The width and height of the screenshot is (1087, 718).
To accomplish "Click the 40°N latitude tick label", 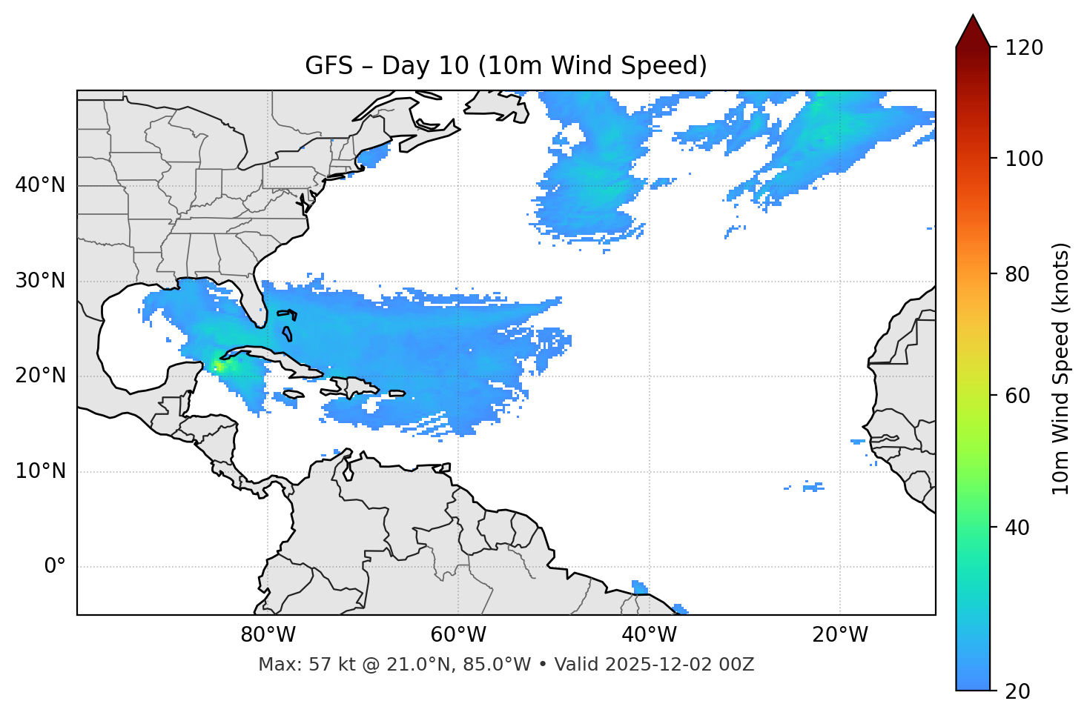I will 40,185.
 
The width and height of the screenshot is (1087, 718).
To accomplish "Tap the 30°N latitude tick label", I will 40,281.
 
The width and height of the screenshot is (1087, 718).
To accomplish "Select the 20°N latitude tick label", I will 40,376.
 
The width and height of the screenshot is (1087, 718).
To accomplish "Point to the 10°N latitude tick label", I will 40,471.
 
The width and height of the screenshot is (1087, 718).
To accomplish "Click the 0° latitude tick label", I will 54,567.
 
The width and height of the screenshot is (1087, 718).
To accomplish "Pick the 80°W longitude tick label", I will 268,635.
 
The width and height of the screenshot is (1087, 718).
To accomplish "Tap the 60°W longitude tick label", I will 458,635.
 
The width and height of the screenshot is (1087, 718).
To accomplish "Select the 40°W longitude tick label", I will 649,635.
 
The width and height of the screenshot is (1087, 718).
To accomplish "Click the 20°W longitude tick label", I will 840,635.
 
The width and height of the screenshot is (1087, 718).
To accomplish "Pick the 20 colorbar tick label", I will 1018,691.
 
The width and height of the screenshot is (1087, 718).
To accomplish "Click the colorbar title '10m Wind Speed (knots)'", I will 1061,368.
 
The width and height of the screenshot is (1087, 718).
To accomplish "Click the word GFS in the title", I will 328,66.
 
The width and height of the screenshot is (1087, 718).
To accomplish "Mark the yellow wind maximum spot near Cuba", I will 219,365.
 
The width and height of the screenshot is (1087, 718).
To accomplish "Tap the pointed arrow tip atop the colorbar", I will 973,16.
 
